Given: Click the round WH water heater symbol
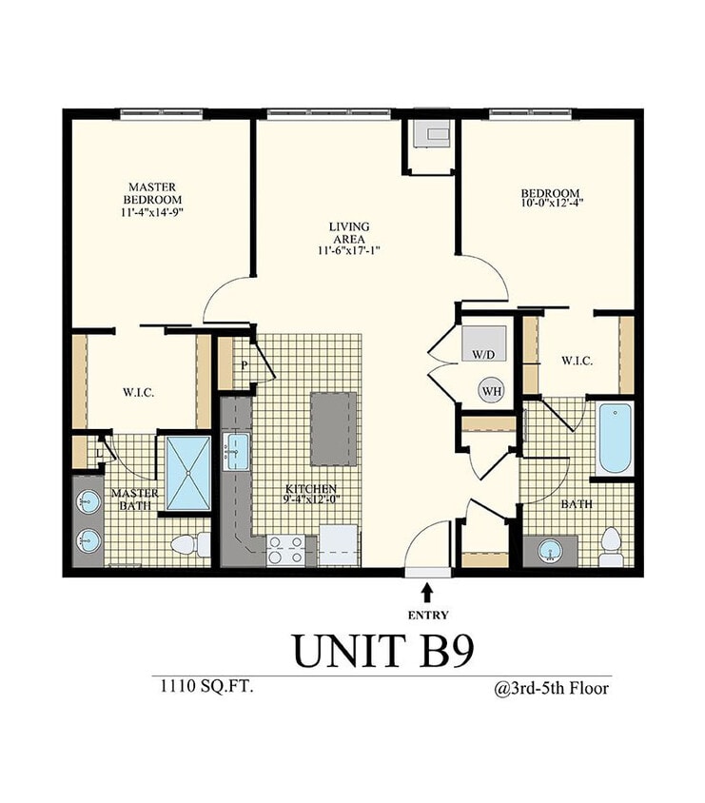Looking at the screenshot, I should coord(491,390).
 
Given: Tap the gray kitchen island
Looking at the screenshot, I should coord(334,428).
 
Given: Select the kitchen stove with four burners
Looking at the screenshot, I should coord(286,549).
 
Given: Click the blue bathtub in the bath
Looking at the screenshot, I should coord(616,438).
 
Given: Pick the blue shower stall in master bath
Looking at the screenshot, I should coord(187,474).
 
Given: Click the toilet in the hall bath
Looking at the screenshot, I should coord(611,546).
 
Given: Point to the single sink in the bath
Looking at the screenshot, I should coord(550,550).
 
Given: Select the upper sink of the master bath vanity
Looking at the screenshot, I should coord(88,501).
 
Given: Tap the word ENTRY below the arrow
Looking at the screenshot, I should coord(427,615).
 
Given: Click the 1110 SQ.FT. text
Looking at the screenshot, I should coord(202,686).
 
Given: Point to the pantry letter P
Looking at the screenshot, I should coord(244,364).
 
